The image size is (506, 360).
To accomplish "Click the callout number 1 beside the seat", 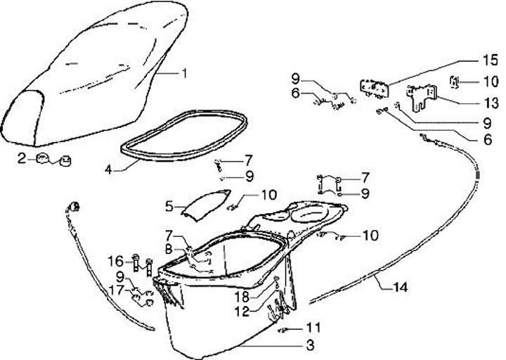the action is (185, 73).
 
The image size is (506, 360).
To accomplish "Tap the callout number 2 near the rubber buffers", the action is (22, 158).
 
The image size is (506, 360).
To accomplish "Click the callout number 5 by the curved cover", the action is (169, 206).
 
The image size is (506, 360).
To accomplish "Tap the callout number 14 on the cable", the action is (400, 286).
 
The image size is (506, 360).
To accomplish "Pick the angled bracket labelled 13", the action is (423, 96).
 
